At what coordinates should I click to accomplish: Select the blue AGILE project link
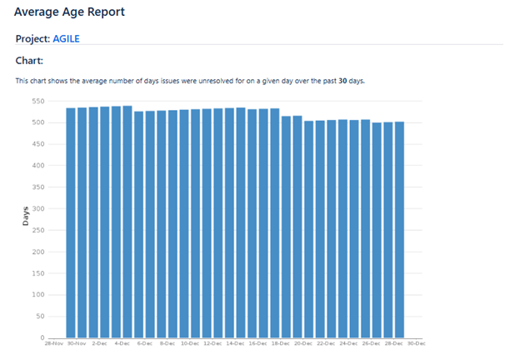tap(67, 38)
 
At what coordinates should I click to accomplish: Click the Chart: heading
tap(29, 61)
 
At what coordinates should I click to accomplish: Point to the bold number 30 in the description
tap(342, 81)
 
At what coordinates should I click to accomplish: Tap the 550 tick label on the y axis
tap(37, 101)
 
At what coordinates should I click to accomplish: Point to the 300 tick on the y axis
tap(37, 208)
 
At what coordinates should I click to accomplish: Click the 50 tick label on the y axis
tap(40, 316)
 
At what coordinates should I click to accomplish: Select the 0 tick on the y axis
tap(42, 337)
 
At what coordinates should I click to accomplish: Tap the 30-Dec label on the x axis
tap(416, 343)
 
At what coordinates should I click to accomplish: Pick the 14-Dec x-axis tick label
tap(235, 343)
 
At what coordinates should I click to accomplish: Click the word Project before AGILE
tap(32, 38)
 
